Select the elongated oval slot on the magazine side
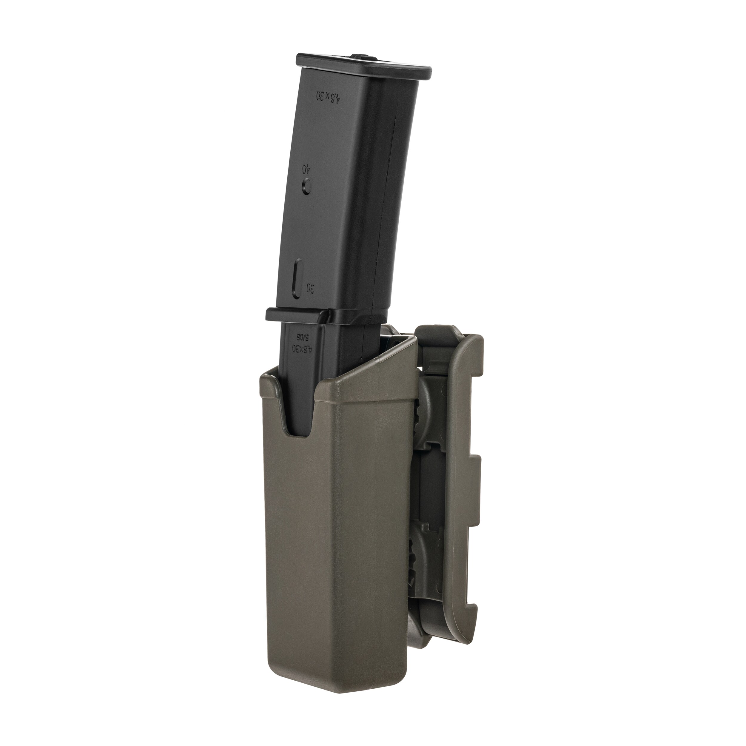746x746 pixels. pyautogui.click(x=298, y=278)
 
